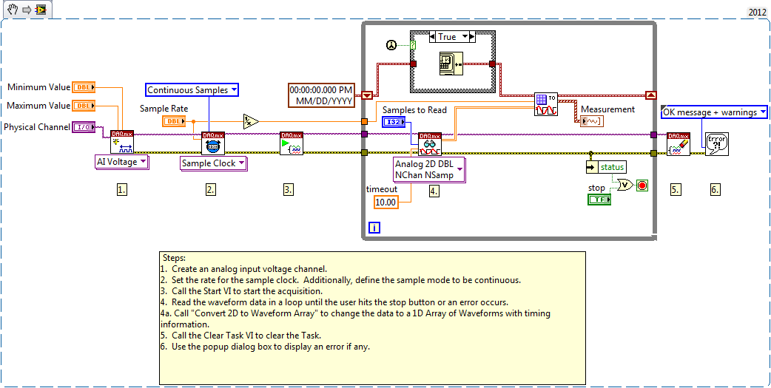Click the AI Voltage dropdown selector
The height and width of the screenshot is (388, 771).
pyautogui.click(x=122, y=162)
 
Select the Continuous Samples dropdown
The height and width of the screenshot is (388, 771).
pyautogui.click(x=192, y=90)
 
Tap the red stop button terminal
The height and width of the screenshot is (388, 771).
pyautogui.click(x=642, y=185)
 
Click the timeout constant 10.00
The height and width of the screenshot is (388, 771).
pyautogui.click(x=385, y=202)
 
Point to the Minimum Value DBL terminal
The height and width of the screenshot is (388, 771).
pyautogui.click(x=85, y=88)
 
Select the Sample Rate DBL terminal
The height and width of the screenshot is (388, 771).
pyautogui.click(x=173, y=121)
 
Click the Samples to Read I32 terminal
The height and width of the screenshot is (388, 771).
pyautogui.click(x=394, y=122)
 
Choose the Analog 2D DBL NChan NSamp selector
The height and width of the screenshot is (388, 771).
pyautogui.click(x=428, y=169)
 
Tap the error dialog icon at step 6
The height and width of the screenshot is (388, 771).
pyautogui.click(x=717, y=143)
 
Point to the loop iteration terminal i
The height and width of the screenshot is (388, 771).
pyautogui.click(x=374, y=228)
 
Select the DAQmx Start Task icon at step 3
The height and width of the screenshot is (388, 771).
pyautogui.click(x=289, y=143)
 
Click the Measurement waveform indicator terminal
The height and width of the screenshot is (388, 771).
pyautogui.click(x=592, y=121)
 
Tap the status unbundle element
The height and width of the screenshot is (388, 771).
pyautogui.click(x=611, y=167)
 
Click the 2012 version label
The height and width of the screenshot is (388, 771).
pyautogui.click(x=757, y=13)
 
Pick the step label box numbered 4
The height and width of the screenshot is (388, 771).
pyautogui.click(x=434, y=190)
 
